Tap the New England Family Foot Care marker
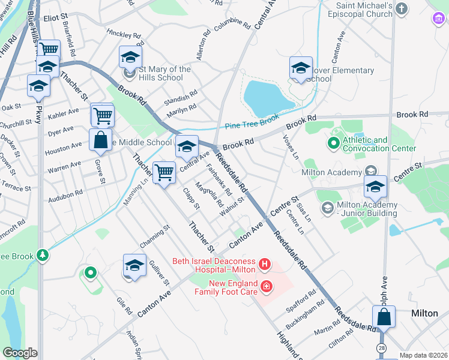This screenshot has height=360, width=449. coord(267,288)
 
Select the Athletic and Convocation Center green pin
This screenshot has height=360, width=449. coord(333,144)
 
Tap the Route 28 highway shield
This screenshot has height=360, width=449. coord(382,348)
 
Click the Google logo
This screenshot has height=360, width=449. coord(20,353)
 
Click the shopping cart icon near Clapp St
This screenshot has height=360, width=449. coord(164,173)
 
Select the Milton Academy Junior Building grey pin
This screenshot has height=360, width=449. coord(328,208)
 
